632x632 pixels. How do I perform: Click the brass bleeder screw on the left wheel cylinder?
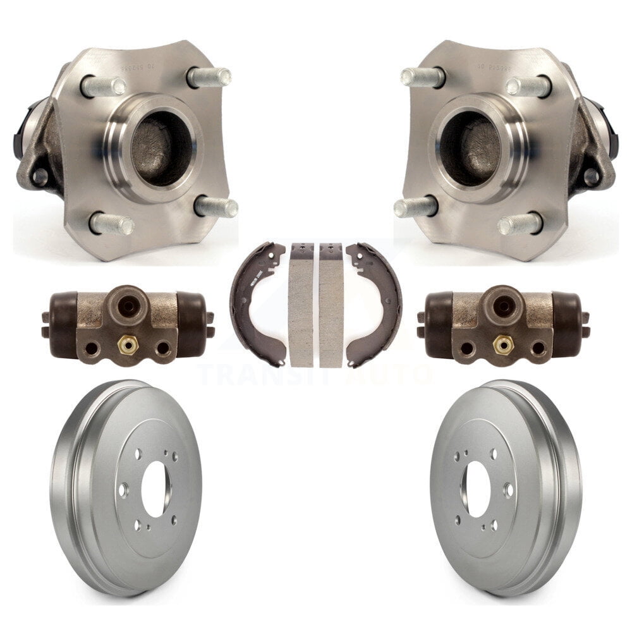tap(126, 344)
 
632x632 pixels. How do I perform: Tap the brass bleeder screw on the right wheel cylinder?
tap(502, 344)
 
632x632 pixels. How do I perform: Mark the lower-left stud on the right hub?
tap(415, 207)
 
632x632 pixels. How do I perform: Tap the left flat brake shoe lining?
tap(301, 305)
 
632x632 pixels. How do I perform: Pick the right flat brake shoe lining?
tap(331, 305)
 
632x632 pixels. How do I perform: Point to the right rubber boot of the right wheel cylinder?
tap(569, 324)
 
